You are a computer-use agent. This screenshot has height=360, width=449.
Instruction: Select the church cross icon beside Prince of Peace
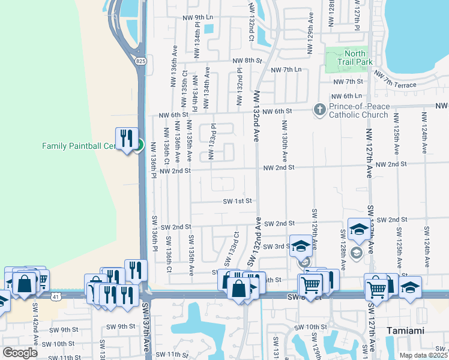(x=320, y=109)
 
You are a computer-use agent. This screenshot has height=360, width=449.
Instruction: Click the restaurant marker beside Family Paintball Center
(x=127, y=139)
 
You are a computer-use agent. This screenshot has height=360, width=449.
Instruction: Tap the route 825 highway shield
(x=140, y=61)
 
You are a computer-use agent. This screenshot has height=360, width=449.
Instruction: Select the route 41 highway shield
(x=56, y=296)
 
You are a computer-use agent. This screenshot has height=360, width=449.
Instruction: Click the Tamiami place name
(x=406, y=331)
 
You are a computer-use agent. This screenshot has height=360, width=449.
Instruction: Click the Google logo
(x=20, y=352)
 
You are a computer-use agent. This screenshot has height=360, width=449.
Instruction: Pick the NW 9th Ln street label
(x=199, y=17)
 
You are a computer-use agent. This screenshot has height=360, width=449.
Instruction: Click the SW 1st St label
(x=237, y=202)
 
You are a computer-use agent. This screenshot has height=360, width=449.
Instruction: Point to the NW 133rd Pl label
(x=211, y=142)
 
